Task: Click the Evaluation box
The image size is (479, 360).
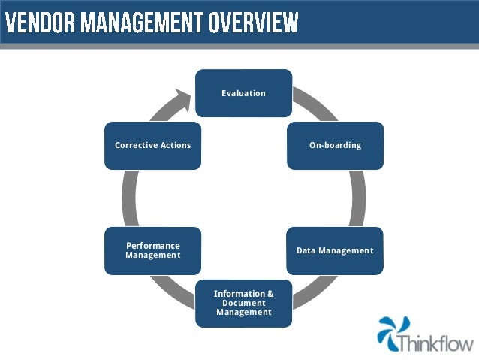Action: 243,93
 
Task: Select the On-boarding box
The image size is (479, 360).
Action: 335,145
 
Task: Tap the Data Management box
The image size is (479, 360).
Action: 335,250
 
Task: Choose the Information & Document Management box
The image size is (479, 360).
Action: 243,302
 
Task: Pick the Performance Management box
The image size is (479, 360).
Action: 152,250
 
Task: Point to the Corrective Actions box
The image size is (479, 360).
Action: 152,145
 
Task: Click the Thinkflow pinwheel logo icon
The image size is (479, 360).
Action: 392,333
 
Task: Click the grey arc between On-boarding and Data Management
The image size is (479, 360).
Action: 359,198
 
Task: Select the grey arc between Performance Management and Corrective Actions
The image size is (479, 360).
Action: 128,198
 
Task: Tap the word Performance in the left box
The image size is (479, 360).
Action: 152,246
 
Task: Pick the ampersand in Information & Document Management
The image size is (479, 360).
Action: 270,293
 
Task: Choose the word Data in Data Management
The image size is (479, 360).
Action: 306,250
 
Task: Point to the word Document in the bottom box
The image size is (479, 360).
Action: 243,302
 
